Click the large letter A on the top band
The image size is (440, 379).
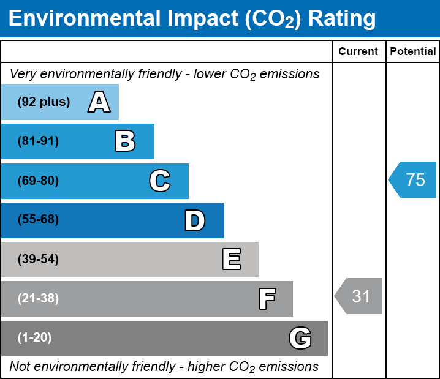tap(99, 102)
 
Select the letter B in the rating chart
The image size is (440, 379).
tap(125, 141)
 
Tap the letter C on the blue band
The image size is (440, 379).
tap(159, 181)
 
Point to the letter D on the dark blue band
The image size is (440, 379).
tap(195, 220)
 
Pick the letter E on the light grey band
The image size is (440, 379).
tap(231, 260)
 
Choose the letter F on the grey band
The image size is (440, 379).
tap(267, 299)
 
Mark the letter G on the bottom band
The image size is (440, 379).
tap(300, 338)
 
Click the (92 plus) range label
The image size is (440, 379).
tap(44, 102)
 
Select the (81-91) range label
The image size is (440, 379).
tap(38, 141)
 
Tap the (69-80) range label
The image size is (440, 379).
tap(38, 181)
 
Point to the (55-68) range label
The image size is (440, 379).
tap(38, 220)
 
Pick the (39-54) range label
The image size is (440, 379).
tap(38, 260)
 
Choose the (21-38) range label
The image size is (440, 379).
tap(38, 299)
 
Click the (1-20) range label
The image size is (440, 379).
tap(35, 338)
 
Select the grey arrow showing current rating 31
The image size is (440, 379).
tap(359, 296)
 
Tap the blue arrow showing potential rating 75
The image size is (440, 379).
tap(413, 180)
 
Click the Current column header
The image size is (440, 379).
tap(358, 52)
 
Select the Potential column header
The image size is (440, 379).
tap(413, 52)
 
